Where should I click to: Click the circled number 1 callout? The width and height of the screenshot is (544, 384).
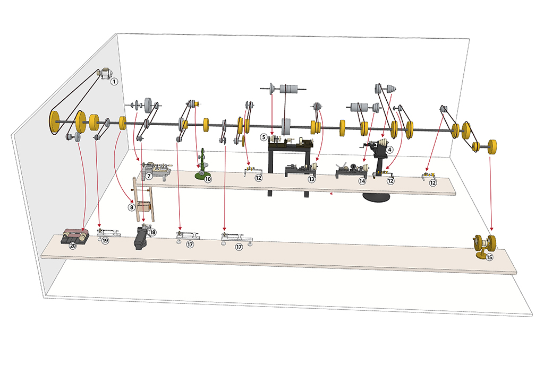coord(114,82)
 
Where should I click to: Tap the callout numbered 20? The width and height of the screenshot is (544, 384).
coord(72,246)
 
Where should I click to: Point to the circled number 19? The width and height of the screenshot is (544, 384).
coord(105,240)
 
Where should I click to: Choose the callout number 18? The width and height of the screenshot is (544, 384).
coord(152,232)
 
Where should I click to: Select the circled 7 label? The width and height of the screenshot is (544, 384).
coord(149,176)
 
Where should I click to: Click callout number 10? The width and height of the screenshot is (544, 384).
coord(208,179)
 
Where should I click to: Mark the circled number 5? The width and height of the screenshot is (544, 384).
coord(263,137)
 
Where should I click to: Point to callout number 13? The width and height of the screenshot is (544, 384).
coord(311,179)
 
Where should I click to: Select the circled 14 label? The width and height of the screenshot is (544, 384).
coord(362,181)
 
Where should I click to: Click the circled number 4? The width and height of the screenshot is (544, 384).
coord(389,150)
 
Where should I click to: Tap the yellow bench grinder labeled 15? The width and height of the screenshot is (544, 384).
coord(484,246)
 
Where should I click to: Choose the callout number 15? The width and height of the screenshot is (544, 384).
coord(489,257)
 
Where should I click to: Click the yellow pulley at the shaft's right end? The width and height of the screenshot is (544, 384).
coord(492,147)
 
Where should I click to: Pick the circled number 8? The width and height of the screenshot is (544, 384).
coord(131,207)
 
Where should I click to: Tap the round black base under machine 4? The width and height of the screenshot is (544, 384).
coord(377,196)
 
